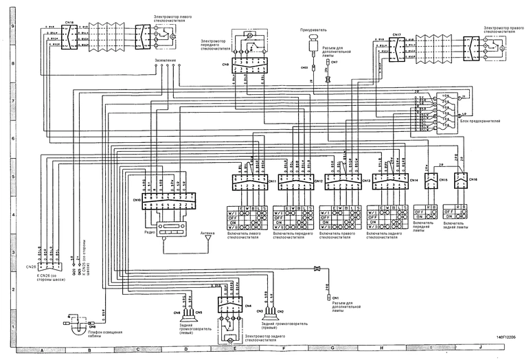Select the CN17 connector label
397,34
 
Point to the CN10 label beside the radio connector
137,200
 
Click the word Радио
149,232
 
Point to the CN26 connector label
30,266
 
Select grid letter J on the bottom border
479,350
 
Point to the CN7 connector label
335,63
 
